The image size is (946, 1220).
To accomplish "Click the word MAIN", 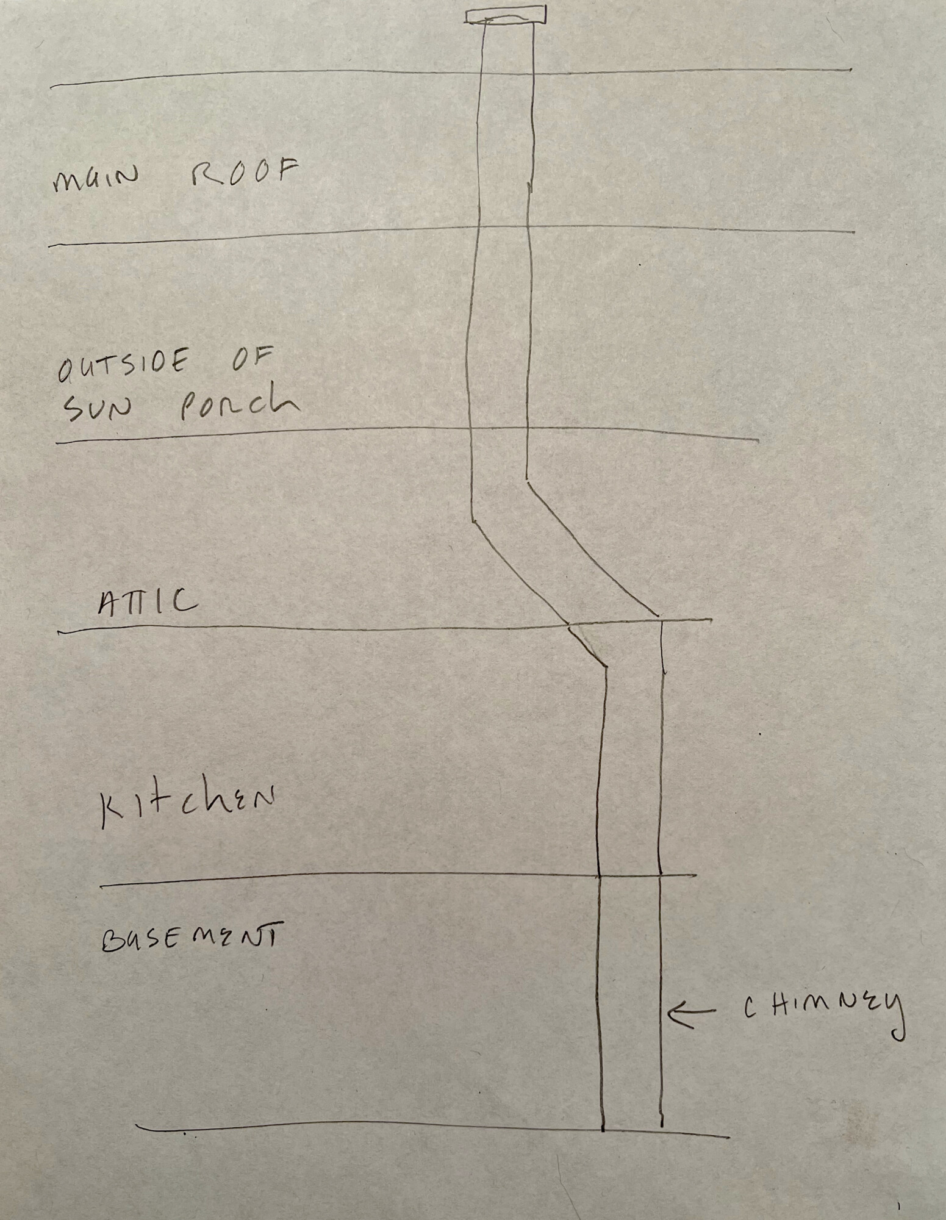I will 95,181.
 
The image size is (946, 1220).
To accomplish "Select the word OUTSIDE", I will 122,366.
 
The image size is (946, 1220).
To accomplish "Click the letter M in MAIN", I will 65,182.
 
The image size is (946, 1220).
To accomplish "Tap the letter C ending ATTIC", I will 187,601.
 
